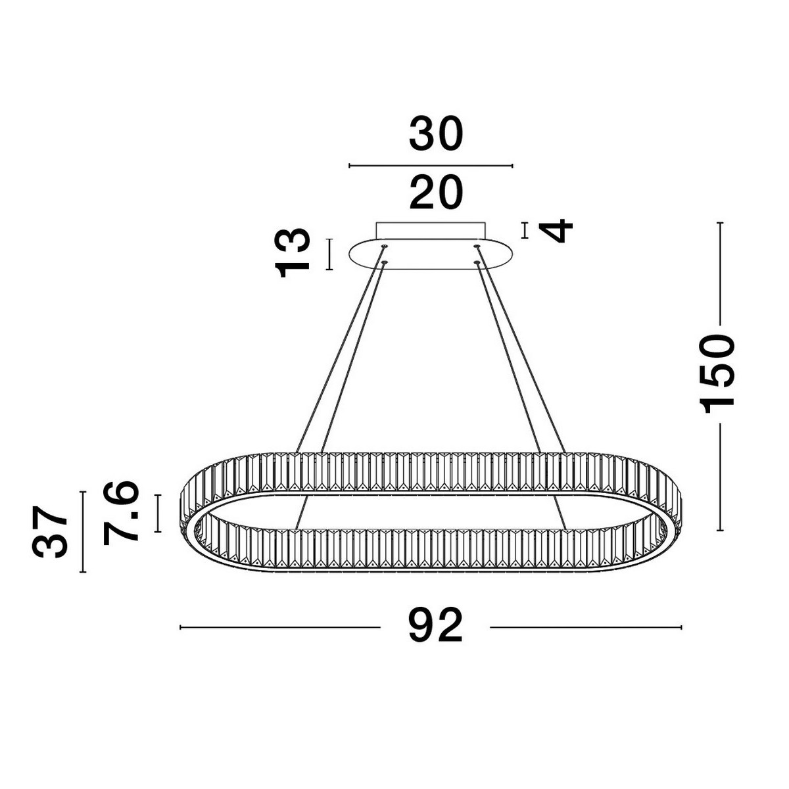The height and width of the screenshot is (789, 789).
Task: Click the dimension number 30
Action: click(436, 135)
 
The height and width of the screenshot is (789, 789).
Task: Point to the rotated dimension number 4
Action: click(556, 231)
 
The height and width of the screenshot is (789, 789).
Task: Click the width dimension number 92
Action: click(435, 626)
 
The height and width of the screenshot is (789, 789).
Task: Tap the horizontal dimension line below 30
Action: click(431, 166)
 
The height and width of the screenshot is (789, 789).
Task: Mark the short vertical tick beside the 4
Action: click(524, 231)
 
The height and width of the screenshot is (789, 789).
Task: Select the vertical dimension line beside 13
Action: click(329, 254)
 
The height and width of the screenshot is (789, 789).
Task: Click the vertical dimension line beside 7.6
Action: click(158, 513)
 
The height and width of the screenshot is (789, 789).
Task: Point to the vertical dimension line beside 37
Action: click(83, 531)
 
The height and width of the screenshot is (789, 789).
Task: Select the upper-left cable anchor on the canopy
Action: click(385, 247)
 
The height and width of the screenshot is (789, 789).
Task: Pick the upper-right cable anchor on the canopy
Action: click(477, 247)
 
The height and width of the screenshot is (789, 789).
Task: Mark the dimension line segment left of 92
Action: click(279, 627)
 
